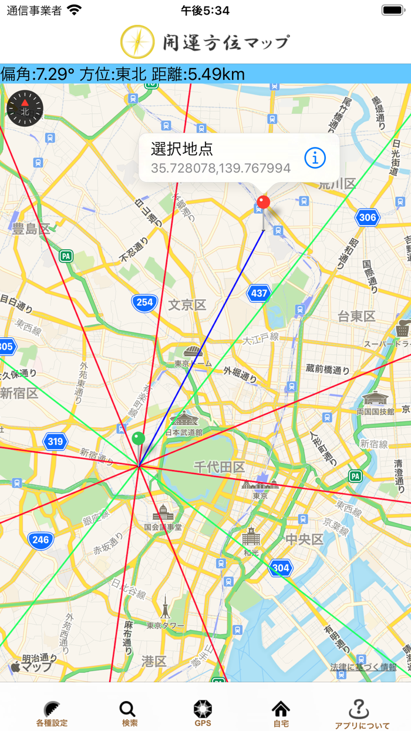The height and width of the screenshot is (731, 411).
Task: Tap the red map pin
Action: click(264, 203)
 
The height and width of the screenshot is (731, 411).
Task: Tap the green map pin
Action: click(139, 438)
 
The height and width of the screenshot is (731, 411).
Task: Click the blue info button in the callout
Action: click(315, 157)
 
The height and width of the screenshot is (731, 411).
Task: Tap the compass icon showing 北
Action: click(25, 108)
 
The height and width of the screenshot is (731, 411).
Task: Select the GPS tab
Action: click(203, 712)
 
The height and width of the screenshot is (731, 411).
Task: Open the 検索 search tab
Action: click(129, 712)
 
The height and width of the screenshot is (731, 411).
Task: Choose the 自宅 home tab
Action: click(281, 712)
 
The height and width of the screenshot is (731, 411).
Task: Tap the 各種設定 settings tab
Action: click(52, 712)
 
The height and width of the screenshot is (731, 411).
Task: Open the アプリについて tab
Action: click(362, 712)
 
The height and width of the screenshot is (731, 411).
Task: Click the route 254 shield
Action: click(144, 303)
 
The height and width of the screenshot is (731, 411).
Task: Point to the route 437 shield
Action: click(259, 293)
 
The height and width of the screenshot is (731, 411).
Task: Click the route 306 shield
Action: click(367, 217)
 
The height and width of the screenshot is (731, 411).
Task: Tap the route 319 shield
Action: click(55, 441)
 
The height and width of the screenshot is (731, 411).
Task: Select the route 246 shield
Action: click(41, 540)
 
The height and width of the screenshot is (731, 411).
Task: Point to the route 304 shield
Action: click(281, 568)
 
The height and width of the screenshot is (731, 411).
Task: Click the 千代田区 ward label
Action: click(219, 467)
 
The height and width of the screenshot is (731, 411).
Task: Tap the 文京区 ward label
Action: click(187, 305)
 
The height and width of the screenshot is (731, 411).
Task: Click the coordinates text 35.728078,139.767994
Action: click(221, 169)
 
